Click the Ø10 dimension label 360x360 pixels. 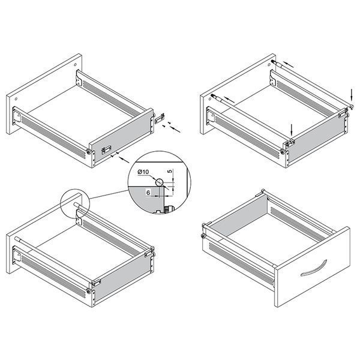click(143, 172)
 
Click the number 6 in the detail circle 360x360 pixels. click(148, 193)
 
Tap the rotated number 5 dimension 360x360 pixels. click(170, 171)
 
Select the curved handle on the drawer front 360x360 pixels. click(314, 268)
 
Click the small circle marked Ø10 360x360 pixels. click(160, 182)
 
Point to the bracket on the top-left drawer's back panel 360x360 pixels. click(106, 149)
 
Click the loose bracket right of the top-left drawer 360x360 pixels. click(160, 118)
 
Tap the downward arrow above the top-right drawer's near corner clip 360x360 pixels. click(292, 131)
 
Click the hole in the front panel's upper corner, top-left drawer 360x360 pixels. click(76, 65)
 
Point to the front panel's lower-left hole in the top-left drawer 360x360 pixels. click(16, 99)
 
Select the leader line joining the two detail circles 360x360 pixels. click(109, 194)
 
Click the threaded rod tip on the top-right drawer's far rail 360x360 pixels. click(274, 62)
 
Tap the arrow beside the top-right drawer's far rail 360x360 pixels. click(289, 65)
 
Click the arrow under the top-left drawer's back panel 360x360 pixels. click(124, 160)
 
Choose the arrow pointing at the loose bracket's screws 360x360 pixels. click(175, 129)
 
